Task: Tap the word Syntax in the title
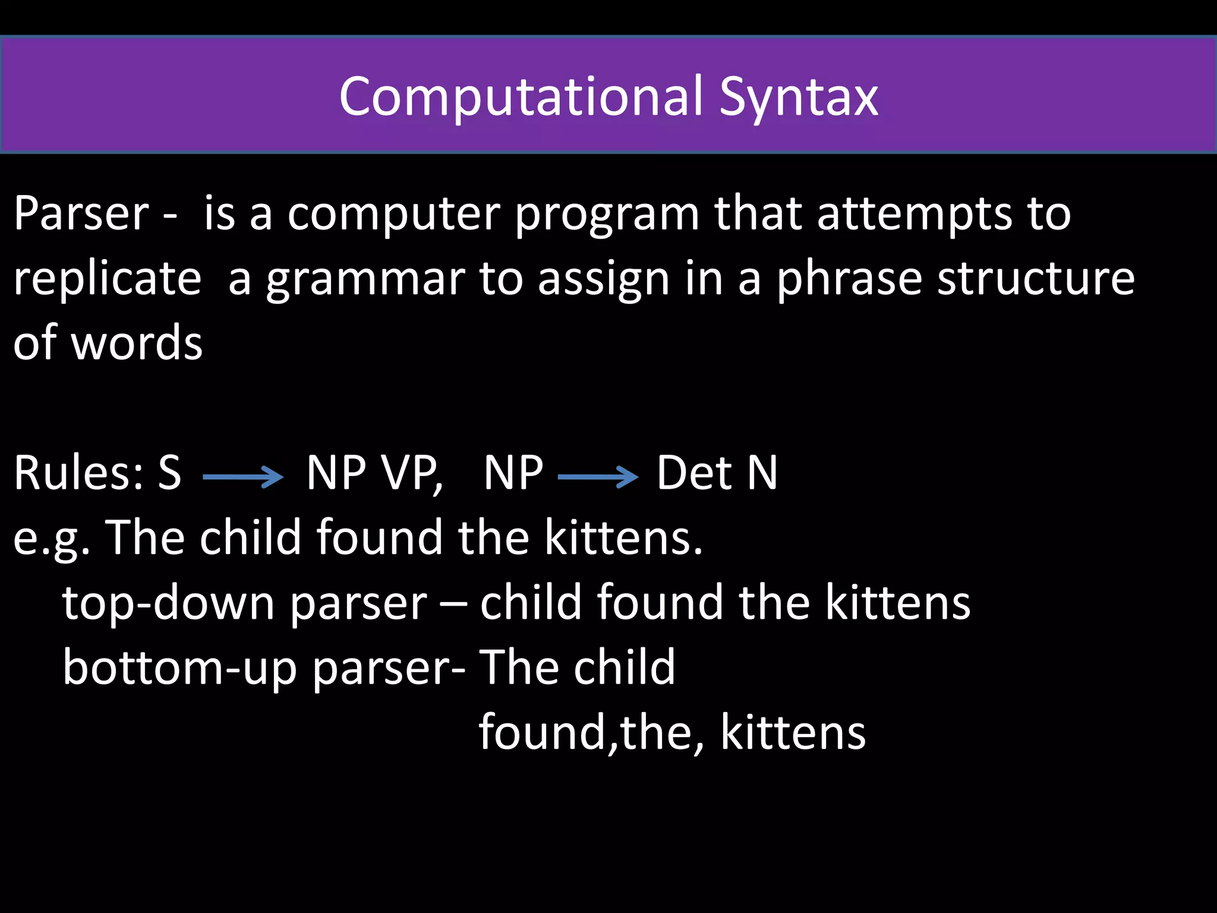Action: tap(799, 98)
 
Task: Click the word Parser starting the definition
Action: tap(81, 213)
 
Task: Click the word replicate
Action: tap(108, 279)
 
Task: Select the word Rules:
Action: tap(78, 473)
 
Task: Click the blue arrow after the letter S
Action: tap(243, 477)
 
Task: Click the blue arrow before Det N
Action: tap(598, 477)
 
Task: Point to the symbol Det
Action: tap(694, 473)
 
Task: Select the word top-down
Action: tap(168, 603)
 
